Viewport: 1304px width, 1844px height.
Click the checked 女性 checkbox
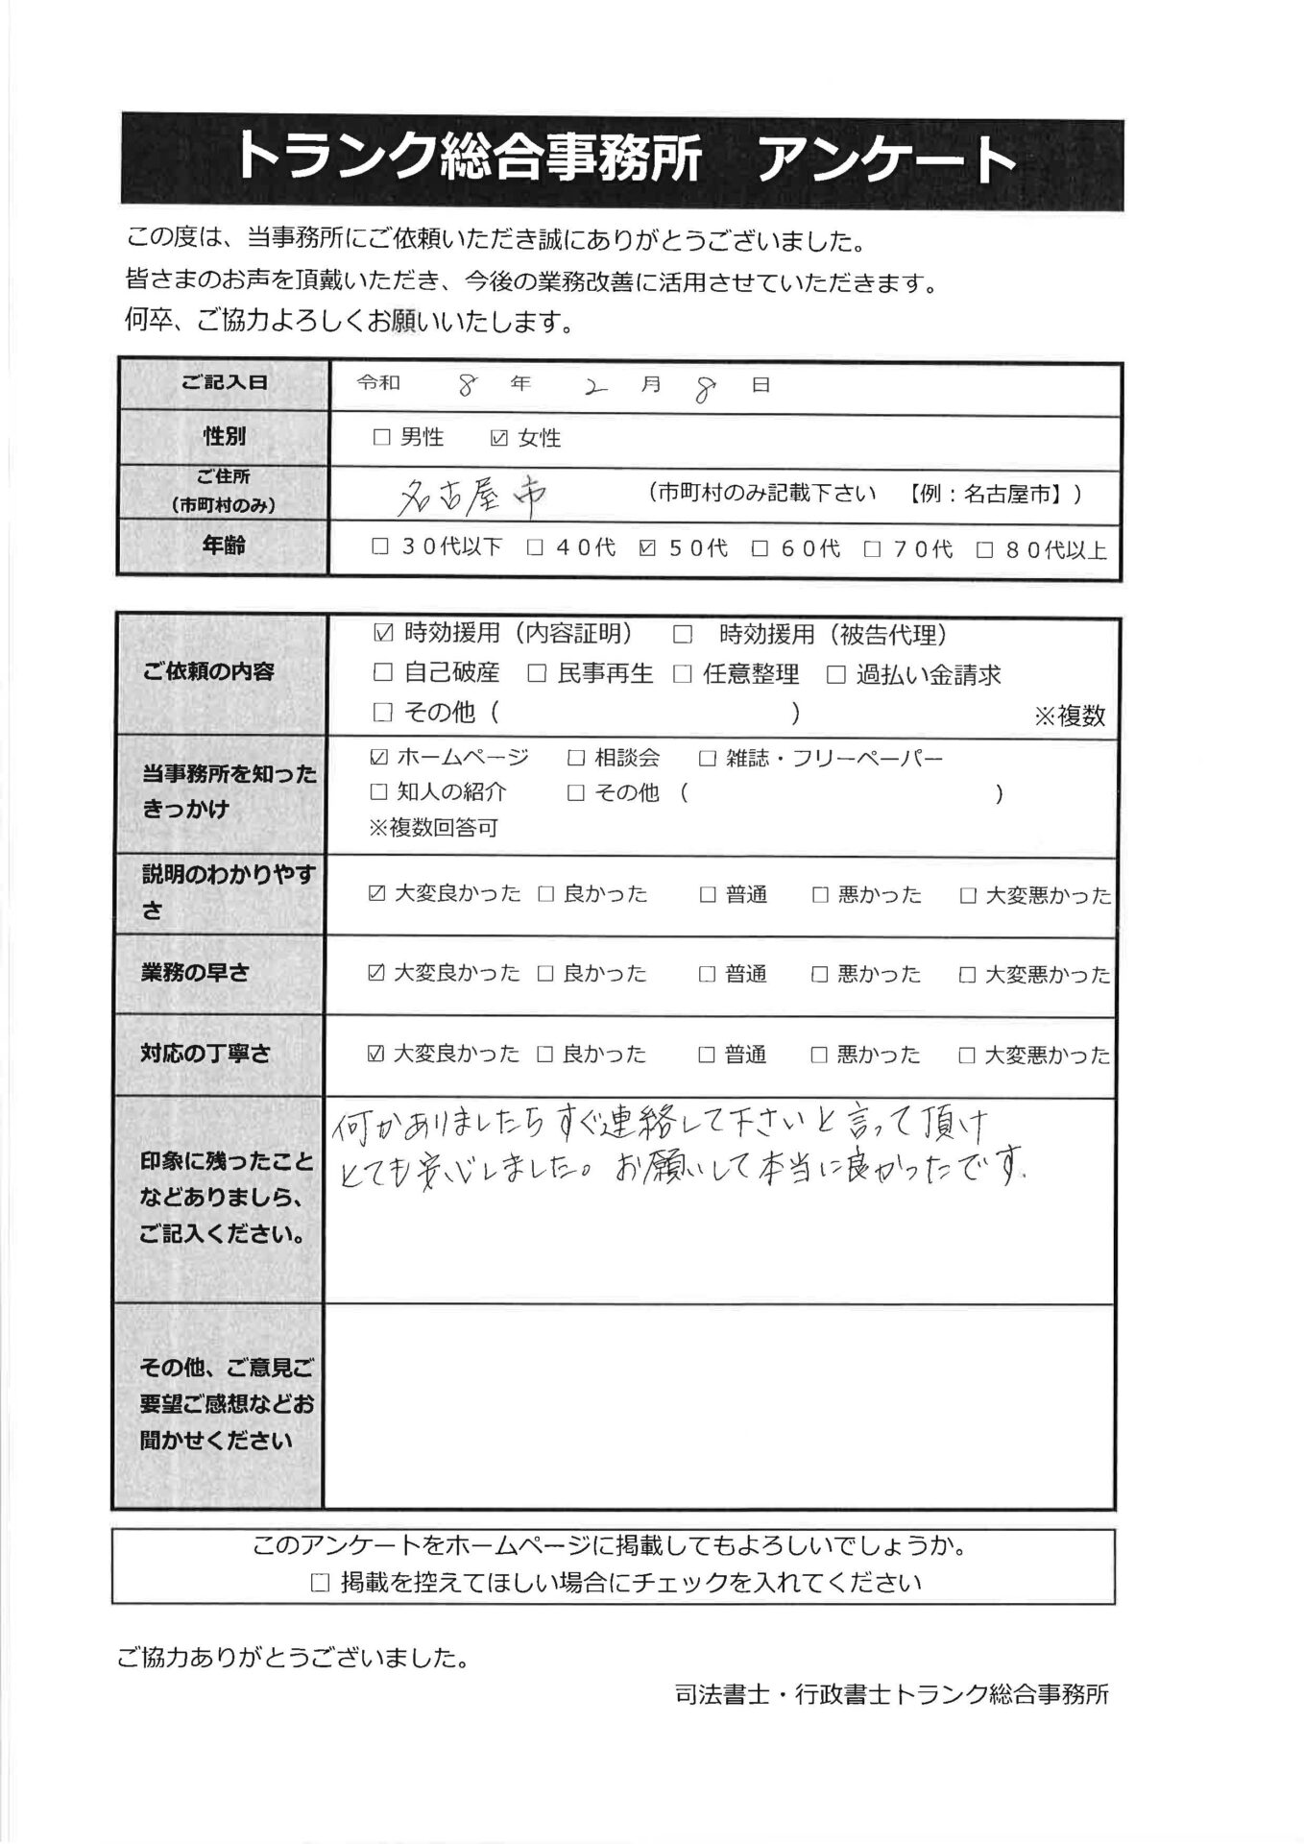point(498,438)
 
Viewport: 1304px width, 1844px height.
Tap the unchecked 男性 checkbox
point(381,438)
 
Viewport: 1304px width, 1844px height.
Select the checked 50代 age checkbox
point(647,548)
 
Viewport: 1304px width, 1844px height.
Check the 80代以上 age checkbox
point(984,550)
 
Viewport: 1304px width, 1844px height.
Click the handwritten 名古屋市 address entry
point(472,495)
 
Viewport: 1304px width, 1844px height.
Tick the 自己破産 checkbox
point(383,673)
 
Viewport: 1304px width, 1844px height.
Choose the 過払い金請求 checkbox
point(836,675)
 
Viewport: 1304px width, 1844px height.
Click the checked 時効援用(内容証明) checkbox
point(383,633)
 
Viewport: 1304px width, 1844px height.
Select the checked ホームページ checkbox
point(379,758)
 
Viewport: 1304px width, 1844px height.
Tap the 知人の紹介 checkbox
point(379,792)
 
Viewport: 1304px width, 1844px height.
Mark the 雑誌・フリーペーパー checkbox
point(708,759)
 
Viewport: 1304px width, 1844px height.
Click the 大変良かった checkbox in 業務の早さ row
point(376,974)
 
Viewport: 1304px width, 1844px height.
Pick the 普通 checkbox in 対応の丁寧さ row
point(707,1055)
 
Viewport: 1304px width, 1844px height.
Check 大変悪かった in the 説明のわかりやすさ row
point(968,895)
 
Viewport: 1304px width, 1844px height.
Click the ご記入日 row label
point(224,382)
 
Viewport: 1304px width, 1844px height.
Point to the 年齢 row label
point(224,546)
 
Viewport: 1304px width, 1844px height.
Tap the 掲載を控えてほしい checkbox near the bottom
point(321,1583)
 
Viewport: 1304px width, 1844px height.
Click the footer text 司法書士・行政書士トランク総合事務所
point(891,1695)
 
